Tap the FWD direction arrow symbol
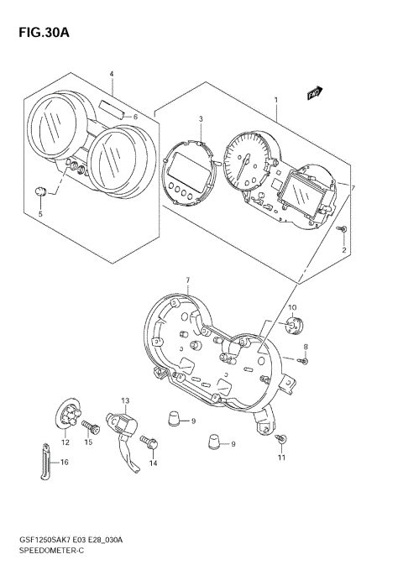316,94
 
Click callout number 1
275,100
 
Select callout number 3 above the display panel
201,119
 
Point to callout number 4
112,74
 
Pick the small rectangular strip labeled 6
112,107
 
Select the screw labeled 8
305,361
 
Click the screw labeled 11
283,439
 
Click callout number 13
124,400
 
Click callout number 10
292,307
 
